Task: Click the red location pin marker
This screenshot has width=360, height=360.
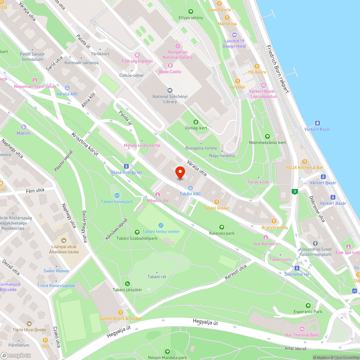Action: [x=180, y=172]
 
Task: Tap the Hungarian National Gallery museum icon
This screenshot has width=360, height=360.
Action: [x=177, y=46]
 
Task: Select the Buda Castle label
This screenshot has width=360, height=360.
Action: [x=170, y=72]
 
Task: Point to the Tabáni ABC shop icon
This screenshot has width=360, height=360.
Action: [x=190, y=188]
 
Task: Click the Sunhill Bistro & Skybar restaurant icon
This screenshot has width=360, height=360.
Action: [x=121, y=312]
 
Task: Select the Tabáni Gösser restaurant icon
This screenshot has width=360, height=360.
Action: [x=216, y=202]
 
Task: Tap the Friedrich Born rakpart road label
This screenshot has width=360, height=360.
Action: [x=278, y=69]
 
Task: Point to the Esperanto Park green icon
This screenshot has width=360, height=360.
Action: [x=307, y=305]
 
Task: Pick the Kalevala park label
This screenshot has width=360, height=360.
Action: [x=222, y=233]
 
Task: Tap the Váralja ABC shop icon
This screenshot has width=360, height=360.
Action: [x=67, y=87]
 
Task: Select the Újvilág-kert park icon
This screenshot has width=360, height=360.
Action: [x=196, y=122]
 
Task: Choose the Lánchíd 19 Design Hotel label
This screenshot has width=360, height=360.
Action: [x=234, y=44]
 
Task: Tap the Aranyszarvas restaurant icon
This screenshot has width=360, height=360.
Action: [x=274, y=221]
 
